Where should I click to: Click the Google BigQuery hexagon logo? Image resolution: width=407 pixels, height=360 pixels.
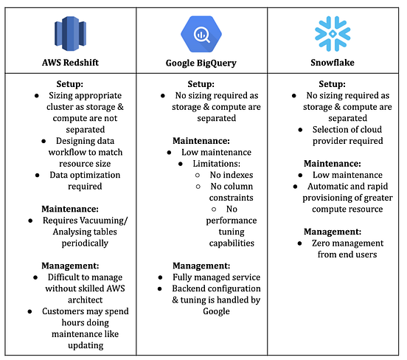pyautogui.click(x=202, y=32)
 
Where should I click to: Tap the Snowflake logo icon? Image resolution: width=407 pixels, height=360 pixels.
pyautogui.click(x=333, y=33)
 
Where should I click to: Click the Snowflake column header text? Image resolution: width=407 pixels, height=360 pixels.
pyautogui.click(x=333, y=63)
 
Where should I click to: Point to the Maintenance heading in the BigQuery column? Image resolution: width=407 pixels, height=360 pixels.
pyautogui.click(x=202, y=140)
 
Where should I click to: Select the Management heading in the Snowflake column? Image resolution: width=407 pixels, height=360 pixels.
pyautogui.click(x=333, y=230)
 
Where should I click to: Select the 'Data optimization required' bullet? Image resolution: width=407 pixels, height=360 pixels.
pyautogui.click(x=78, y=181)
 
